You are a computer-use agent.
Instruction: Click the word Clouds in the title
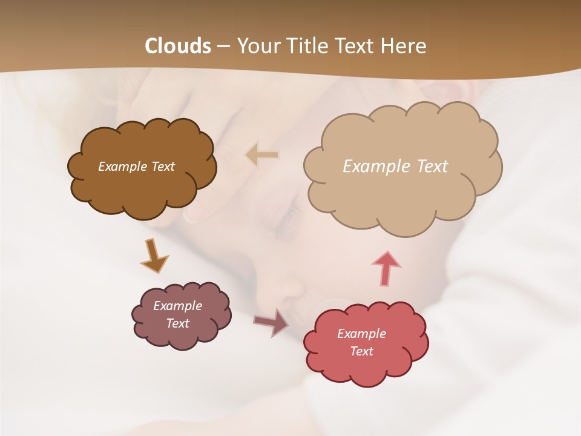(x=178, y=46)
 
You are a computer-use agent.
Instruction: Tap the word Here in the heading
(x=404, y=46)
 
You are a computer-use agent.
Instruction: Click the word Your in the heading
(x=256, y=46)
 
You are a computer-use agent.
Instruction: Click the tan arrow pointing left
(x=262, y=155)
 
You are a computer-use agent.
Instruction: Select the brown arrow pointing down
(x=154, y=255)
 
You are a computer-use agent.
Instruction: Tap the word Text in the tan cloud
(x=432, y=166)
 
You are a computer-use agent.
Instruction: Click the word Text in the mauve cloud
(x=178, y=323)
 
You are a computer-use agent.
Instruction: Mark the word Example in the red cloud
(x=361, y=334)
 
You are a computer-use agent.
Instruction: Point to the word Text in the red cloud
(x=361, y=351)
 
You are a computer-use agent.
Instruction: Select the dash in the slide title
(x=223, y=46)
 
